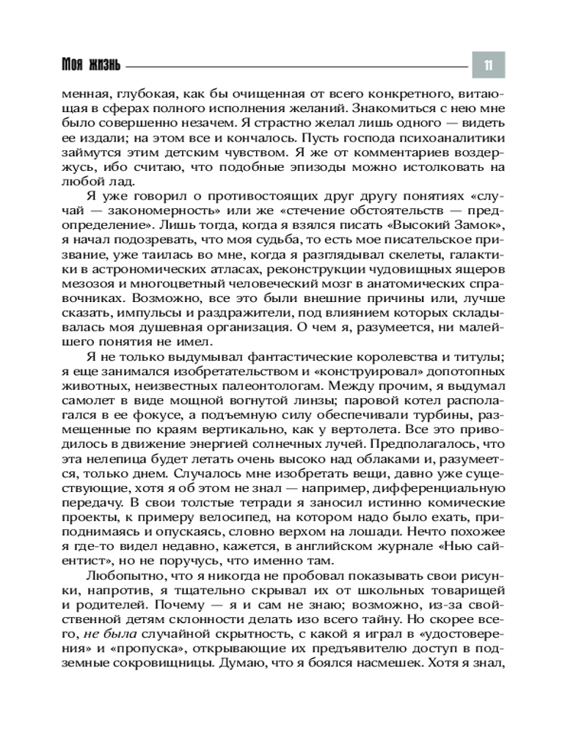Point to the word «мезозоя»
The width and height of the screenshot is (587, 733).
(106, 281)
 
